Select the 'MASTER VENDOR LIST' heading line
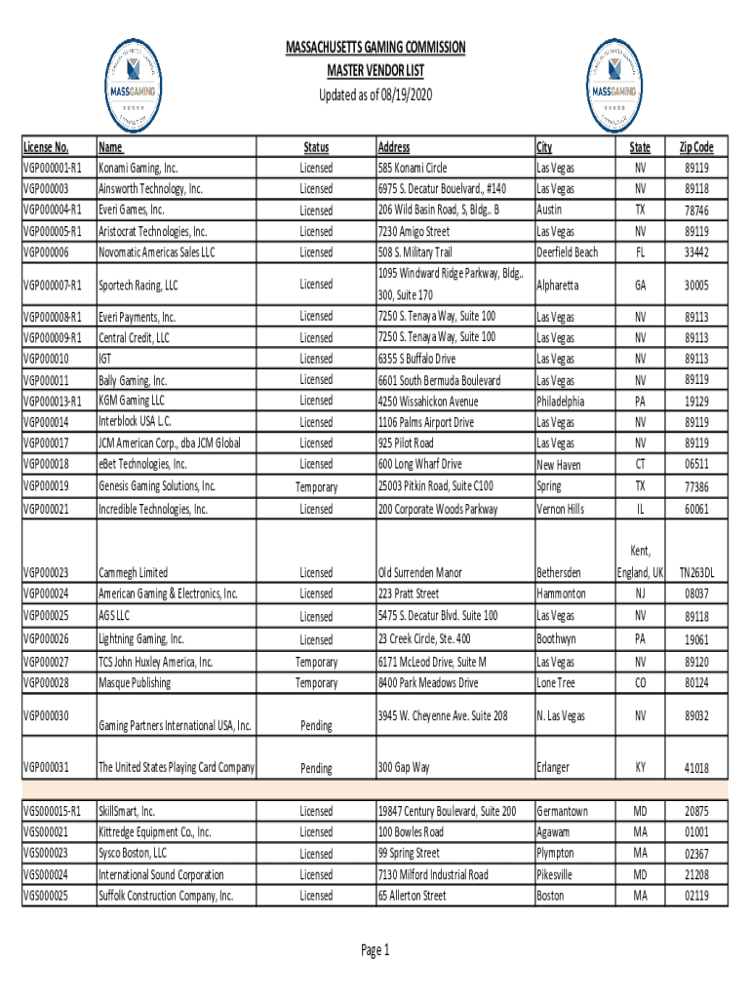pos(375,71)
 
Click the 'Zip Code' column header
pos(696,147)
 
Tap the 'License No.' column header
pos(46,148)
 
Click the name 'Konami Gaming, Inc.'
pos(138,169)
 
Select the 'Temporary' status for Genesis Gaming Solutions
pos(316,487)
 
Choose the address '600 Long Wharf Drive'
pos(419,464)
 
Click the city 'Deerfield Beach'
pos(568,252)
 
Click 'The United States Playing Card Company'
pos(177,768)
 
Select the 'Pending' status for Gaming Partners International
pos(316,726)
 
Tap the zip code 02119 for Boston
pos(696,896)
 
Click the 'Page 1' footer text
pos(375,950)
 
